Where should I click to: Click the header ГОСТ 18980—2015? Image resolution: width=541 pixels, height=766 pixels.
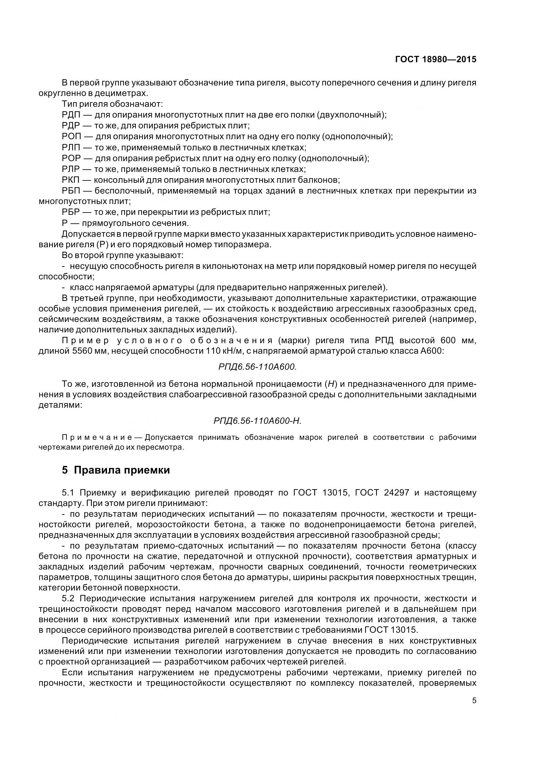[x=436, y=59]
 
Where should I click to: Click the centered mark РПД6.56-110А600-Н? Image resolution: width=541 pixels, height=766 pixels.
[x=257, y=421]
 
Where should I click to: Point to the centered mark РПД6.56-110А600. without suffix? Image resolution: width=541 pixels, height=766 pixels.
[x=257, y=367]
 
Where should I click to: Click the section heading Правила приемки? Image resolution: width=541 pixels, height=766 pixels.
[x=122, y=470]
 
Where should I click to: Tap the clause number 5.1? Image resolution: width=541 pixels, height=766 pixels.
[x=68, y=493]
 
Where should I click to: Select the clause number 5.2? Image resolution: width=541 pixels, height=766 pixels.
[x=69, y=599]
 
